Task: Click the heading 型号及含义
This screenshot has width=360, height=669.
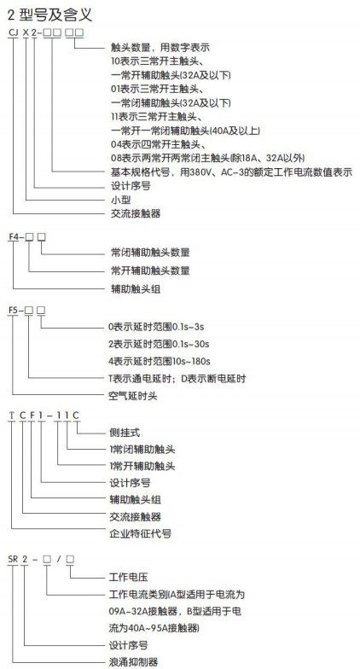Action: tap(55, 15)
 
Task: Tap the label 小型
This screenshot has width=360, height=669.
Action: tap(121, 200)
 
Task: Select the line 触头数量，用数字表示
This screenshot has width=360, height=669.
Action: tap(160, 48)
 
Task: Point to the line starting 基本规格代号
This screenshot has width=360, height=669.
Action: tap(231, 172)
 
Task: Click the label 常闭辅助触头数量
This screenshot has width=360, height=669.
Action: tap(150, 253)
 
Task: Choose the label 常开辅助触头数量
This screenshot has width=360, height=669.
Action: tap(150, 271)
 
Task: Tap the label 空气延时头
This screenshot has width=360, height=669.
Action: tap(133, 396)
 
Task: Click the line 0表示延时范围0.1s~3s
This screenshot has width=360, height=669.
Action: tap(157, 327)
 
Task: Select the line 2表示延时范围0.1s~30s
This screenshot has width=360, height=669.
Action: tap(159, 344)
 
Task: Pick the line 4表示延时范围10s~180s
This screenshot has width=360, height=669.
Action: tap(160, 362)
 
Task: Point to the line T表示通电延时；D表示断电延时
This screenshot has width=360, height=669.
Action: tap(177, 379)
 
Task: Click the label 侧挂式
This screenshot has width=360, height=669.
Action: tap(125, 432)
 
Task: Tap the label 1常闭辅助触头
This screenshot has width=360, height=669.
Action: tap(142, 449)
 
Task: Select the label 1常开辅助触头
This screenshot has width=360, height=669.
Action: tap(142, 466)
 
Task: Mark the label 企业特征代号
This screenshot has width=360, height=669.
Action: tap(140, 533)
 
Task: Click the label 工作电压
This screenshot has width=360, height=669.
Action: tap(129, 577)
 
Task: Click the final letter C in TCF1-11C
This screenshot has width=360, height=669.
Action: tap(75, 415)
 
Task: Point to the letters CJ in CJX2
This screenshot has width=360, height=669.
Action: tap(14, 32)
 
